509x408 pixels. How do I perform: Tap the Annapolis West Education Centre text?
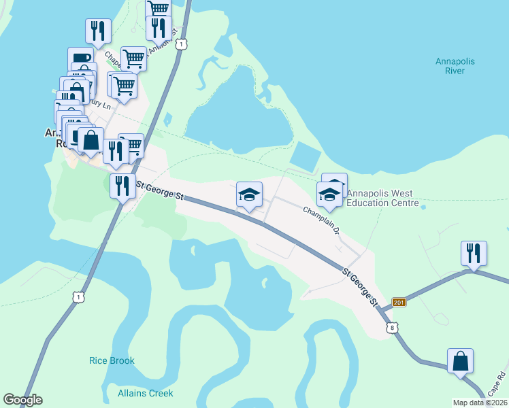pyautogui.click(x=380, y=198)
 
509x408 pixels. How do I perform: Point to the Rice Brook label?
pyautogui.click(x=112, y=360)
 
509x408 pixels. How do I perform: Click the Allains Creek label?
pyautogui.click(x=145, y=393)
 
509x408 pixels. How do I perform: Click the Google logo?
pyautogui.click(x=22, y=400)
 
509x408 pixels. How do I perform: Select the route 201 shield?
pyautogui.click(x=399, y=303)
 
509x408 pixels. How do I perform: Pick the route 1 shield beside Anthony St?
pyautogui.click(x=180, y=44)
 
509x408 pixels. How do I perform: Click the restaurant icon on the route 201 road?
pyautogui.click(x=473, y=253)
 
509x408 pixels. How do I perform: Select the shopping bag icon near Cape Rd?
pyautogui.click(x=460, y=360)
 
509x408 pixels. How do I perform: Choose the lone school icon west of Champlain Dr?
pyautogui.click(x=249, y=194)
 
